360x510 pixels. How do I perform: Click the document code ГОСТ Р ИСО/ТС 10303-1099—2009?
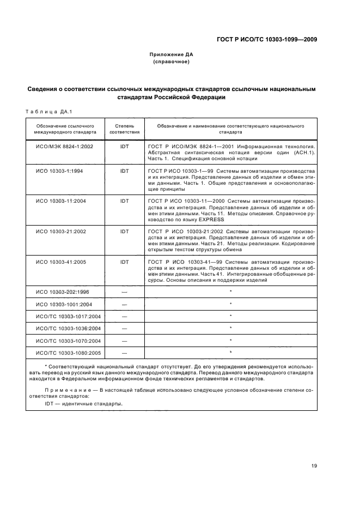pos(266,40)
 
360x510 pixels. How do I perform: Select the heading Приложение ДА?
pos(172,54)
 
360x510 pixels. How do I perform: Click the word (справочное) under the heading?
pos(172,62)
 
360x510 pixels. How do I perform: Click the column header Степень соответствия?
pos(125,129)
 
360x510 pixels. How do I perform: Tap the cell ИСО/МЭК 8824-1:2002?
pos(65,147)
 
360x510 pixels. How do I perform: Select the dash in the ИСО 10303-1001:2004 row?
pos(125,304)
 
